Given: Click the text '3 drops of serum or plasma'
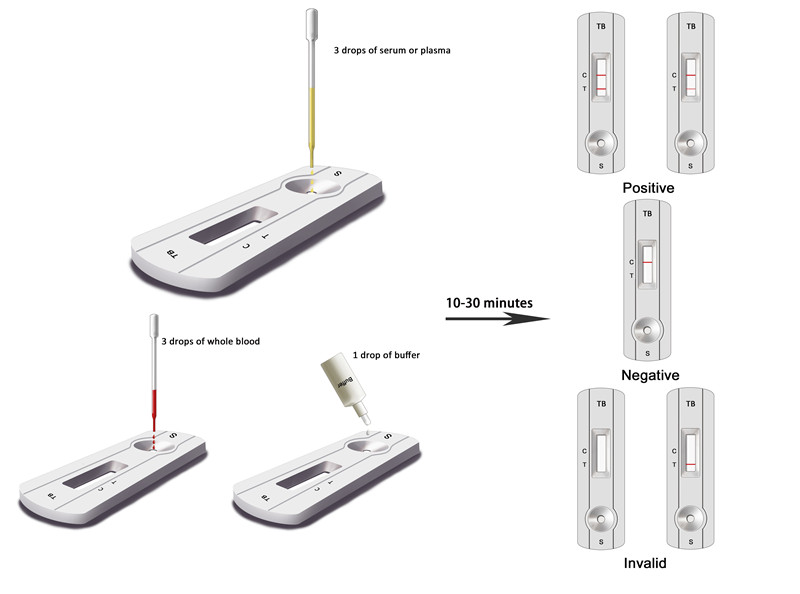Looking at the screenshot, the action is (x=392, y=50).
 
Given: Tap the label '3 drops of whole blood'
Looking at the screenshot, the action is (x=210, y=341).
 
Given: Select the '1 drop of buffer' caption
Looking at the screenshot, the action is (x=386, y=355).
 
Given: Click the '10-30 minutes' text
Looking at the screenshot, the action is (x=489, y=303).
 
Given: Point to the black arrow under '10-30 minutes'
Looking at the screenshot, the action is (x=497, y=319).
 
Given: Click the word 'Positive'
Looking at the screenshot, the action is (x=648, y=188).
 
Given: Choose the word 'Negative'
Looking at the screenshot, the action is (x=650, y=375).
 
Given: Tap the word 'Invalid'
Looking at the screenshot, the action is (x=645, y=563).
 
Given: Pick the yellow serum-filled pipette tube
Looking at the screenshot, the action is (x=311, y=128).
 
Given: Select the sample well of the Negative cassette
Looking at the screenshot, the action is (x=647, y=330).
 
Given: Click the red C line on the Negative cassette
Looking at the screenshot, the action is (x=647, y=262).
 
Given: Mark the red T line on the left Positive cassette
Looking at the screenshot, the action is (x=601, y=89).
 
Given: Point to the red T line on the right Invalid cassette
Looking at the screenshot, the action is (x=690, y=464).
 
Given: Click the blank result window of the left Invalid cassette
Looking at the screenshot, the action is (x=601, y=453).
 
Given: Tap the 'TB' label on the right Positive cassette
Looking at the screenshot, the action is (x=691, y=26).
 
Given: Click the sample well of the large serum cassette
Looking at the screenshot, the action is (x=313, y=186).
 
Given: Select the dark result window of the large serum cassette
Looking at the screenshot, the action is (x=233, y=225).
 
